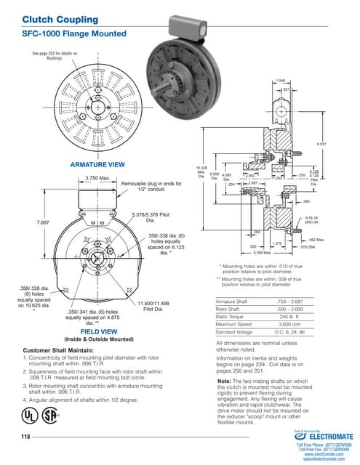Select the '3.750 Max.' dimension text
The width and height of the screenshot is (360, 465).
tap(97, 177)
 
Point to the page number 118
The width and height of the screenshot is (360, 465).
tap(28, 436)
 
